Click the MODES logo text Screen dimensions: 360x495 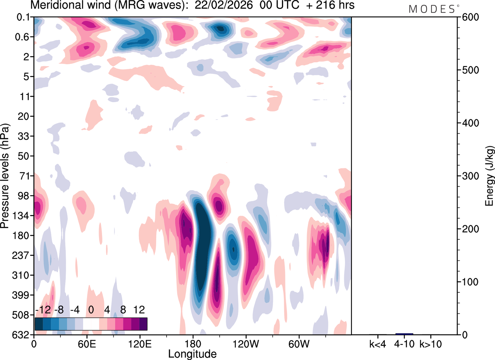coord(432,9)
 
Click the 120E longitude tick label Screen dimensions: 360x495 coord(139,344)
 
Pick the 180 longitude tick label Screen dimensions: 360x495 coord(192,344)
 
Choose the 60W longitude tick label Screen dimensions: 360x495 coord(299,344)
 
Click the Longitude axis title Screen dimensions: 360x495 coord(192,353)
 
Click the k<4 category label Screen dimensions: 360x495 coord(378,344)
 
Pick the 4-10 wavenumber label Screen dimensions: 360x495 coord(404,344)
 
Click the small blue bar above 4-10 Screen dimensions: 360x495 coord(404,334)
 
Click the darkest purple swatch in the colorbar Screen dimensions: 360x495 coord(143,324)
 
